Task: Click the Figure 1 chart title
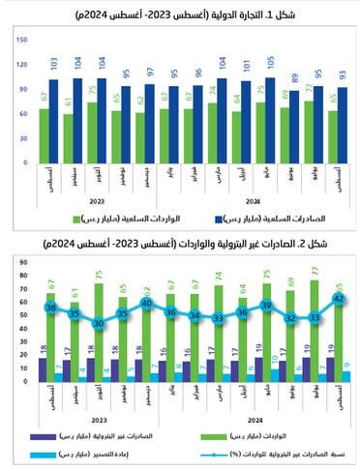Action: click(x=180, y=15)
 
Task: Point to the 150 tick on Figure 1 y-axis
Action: click(x=21, y=41)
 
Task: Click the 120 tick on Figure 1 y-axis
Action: click(x=21, y=64)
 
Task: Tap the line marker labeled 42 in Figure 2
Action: click(x=338, y=299)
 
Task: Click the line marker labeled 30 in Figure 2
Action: click(x=98, y=324)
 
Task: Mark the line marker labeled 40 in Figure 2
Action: click(x=147, y=304)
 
